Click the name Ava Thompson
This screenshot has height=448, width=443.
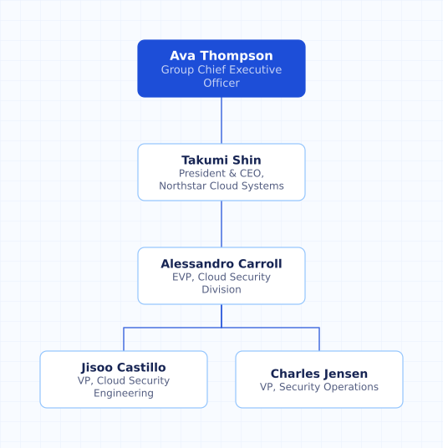point(221,55)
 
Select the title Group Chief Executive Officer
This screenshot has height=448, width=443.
point(221,76)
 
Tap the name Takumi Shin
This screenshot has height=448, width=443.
point(221,160)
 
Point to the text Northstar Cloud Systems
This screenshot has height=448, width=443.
point(221,186)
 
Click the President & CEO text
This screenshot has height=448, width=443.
point(221,173)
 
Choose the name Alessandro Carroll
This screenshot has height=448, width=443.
point(221,264)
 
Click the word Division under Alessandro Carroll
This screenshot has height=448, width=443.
point(221,289)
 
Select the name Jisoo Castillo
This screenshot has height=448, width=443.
point(124,368)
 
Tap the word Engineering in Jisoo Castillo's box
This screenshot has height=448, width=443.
point(124,394)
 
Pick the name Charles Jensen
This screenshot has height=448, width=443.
point(319,374)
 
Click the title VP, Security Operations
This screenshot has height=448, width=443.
point(319,387)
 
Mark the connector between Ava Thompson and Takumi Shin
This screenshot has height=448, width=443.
point(221,120)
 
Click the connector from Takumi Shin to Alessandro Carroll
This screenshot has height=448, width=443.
point(221,224)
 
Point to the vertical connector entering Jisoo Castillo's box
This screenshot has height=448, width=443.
point(124,339)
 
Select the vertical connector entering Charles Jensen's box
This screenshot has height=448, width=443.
point(319,339)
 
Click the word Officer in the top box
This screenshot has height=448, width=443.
point(221,83)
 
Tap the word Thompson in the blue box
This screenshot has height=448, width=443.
point(237,56)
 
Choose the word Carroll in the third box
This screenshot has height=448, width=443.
point(260,264)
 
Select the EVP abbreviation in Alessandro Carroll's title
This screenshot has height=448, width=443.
point(181,277)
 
